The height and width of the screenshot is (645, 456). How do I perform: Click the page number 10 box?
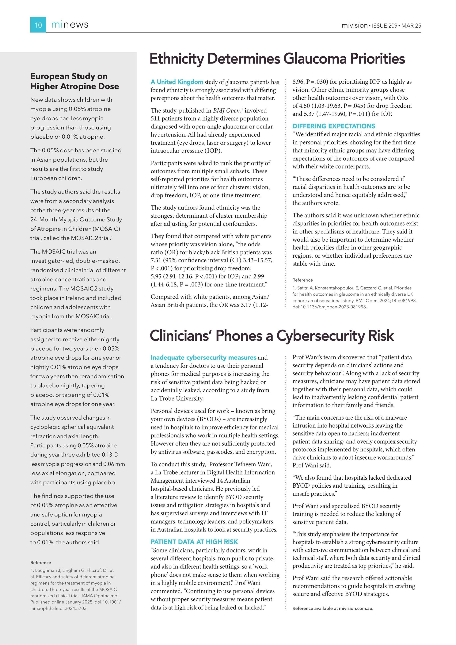(38, 25)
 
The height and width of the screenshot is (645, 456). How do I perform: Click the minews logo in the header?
(70, 25)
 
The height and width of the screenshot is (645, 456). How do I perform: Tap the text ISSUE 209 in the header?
(384, 25)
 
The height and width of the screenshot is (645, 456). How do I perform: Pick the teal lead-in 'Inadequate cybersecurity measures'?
(203, 357)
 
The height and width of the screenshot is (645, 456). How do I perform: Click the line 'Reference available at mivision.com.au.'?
(333, 609)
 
